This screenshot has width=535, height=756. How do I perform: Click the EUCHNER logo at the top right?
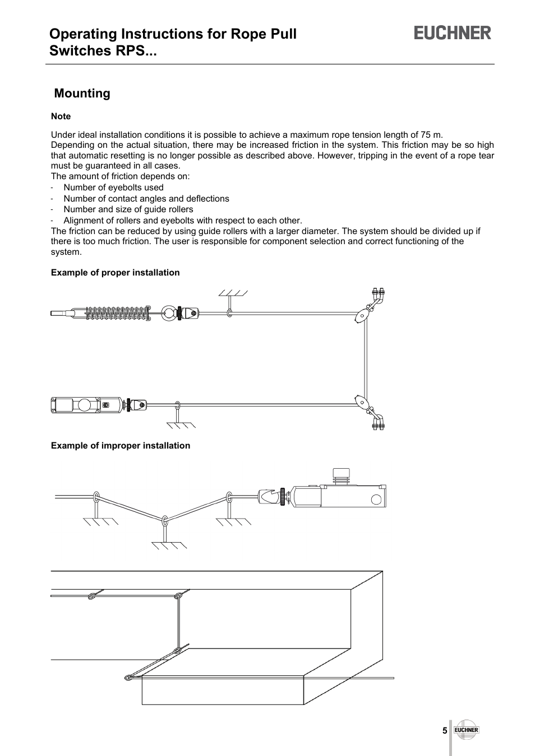(x=453, y=33)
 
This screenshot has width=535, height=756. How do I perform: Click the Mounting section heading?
(x=82, y=94)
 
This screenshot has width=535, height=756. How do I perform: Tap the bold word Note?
(x=61, y=116)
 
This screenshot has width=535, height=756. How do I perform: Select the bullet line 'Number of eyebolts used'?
(x=113, y=188)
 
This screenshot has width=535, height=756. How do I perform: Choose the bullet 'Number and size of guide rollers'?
(x=128, y=209)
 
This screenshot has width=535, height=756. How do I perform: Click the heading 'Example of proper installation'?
(x=115, y=273)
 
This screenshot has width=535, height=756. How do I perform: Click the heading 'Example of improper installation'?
(x=120, y=446)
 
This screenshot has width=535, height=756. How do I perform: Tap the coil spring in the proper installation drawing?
(x=118, y=313)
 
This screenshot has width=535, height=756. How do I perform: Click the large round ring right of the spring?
(x=169, y=313)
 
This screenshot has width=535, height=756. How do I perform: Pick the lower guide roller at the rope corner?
(x=362, y=402)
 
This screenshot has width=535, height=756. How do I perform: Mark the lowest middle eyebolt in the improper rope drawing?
(x=165, y=521)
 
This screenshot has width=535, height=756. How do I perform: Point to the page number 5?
(x=444, y=731)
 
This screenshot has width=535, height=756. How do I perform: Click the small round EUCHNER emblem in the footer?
(x=466, y=730)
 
